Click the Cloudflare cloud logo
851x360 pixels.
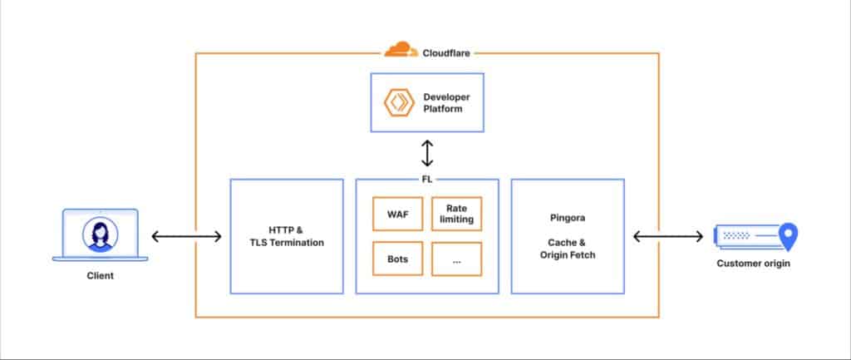tap(401, 50)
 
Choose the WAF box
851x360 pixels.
tap(397, 214)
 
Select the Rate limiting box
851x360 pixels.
tap(456, 214)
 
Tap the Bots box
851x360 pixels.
tap(397, 259)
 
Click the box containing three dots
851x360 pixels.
tap(456, 259)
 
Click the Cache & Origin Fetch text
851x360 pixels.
tap(566, 249)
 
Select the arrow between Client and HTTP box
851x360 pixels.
tap(187, 237)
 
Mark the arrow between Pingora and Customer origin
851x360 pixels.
tap(667, 237)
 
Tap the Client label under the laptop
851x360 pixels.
tap(100, 276)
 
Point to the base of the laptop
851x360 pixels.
tap(100, 259)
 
